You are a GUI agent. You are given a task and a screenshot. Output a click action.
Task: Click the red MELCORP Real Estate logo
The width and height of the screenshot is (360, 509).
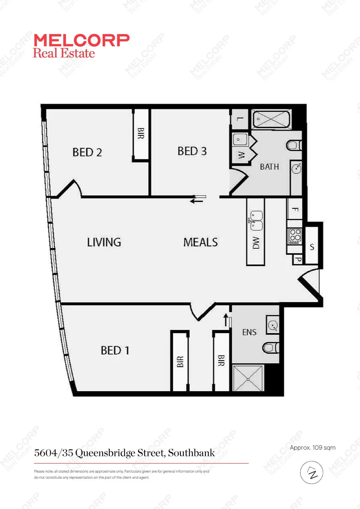pyautogui.click(x=81, y=46)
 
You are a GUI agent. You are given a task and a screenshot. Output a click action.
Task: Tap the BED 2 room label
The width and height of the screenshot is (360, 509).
pyautogui.click(x=87, y=152)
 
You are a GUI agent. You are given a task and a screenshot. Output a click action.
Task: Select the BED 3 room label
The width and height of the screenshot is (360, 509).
pyautogui.click(x=192, y=151)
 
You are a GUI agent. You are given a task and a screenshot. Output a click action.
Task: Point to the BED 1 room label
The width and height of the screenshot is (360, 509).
pyautogui.click(x=115, y=351)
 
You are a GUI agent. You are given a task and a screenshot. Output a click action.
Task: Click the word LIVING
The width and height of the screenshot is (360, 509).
pyautogui.click(x=104, y=242)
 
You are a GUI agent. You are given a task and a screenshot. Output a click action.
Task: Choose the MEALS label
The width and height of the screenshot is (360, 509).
pyautogui.click(x=200, y=242)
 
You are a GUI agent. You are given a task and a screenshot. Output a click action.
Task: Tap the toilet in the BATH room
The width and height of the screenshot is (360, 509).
pyautogui.click(x=293, y=145)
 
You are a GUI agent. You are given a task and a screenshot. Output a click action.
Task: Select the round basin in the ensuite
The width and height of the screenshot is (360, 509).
pyautogui.click(x=273, y=324)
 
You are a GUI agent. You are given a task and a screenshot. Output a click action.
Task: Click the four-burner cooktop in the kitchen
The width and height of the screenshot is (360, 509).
pyautogui.click(x=295, y=235)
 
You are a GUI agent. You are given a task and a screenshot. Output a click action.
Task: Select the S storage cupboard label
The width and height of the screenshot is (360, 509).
pyautogui.click(x=312, y=246)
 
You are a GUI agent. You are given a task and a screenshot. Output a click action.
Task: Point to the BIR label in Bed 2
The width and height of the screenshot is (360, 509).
pyautogui.click(x=140, y=134)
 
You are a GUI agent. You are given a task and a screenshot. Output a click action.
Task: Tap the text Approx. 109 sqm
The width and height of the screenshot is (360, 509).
pyautogui.click(x=312, y=448)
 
